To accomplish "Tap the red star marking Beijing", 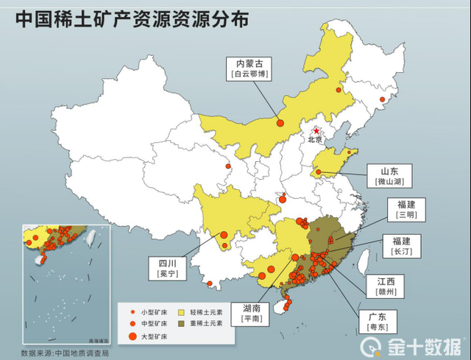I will coord(316,131).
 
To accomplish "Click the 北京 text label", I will coord(315,140).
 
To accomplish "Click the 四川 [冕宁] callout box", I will coord(167,267).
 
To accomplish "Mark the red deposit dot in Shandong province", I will coord(318,174).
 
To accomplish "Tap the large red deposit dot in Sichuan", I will coord(224,235).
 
